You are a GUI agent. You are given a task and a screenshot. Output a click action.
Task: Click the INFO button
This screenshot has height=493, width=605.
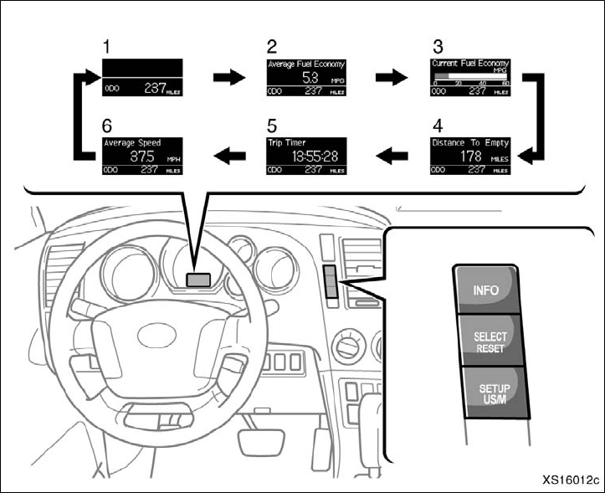pos(485,290)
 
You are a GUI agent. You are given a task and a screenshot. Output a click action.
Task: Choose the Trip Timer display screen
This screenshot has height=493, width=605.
pos(306,156)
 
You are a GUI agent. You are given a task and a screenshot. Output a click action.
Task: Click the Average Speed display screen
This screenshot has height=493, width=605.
pos(142,156)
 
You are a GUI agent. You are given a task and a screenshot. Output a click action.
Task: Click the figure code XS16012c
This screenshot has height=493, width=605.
pos(568,480)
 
